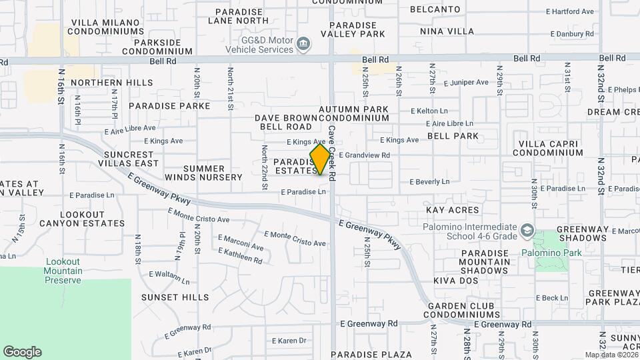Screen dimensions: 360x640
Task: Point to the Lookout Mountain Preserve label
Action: [63, 271]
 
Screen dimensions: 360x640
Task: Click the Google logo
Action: [22, 352]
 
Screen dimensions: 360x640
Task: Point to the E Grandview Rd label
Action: [364, 155]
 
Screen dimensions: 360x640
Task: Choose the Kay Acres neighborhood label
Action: [453, 210]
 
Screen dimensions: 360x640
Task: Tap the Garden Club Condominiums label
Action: [461, 309]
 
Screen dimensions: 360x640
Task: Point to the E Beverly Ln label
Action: [429, 181]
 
